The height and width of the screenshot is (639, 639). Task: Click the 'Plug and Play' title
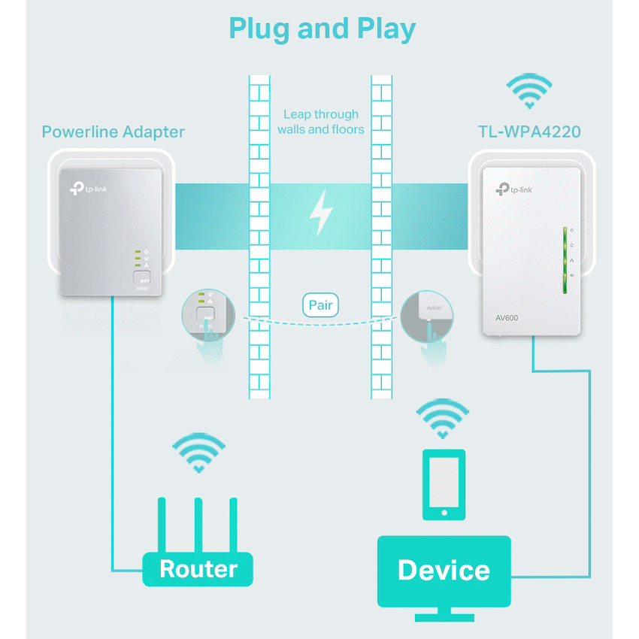pyautogui.click(x=322, y=29)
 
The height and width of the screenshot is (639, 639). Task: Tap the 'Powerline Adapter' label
pyautogui.click(x=113, y=132)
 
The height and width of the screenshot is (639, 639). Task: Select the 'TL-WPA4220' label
pyautogui.click(x=529, y=132)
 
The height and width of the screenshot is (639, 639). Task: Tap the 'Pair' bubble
pyautogui.click(x=320, y=306)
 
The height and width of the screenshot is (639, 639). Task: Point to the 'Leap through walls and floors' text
pyautogui.click(x=320, y=122)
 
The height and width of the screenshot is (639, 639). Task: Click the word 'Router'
pyautogui.click(x=198, y=569)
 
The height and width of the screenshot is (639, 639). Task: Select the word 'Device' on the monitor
pyautogui.click(x=444, y=570)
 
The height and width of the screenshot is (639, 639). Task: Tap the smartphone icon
pyautogui.click(x=444, y=484)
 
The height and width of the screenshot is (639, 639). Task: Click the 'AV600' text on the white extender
pyautogui.click(x=507, y=318)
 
